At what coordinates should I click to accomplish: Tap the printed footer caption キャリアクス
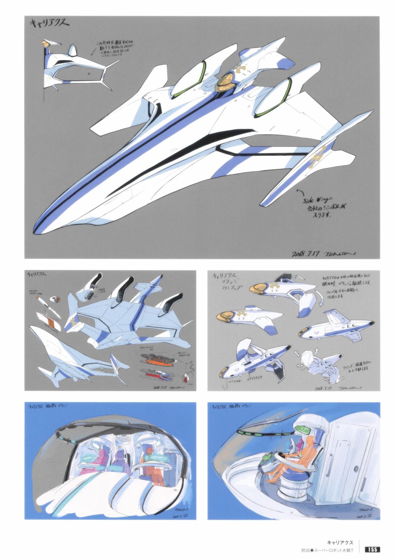[x=341, y=542]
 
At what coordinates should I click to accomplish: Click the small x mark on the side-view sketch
[x=89, y=73]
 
